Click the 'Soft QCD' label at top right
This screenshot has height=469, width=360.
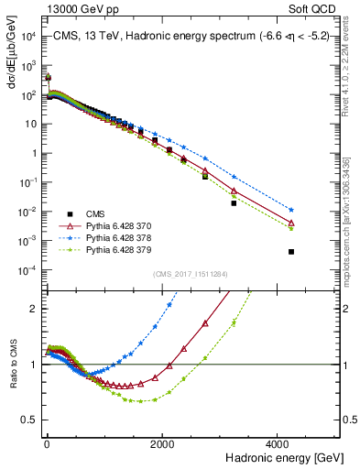[319, 7]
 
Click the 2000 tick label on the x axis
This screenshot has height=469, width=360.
[163, 442]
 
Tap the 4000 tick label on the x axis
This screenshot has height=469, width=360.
[280, 442]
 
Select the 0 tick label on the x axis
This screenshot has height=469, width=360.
[47, 442]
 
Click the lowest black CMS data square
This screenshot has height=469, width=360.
[291, 252]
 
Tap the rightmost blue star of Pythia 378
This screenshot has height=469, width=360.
[291, 210]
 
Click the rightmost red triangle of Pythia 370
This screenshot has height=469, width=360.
[291, 223]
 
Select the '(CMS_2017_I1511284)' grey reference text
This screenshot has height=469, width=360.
[191, 272]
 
